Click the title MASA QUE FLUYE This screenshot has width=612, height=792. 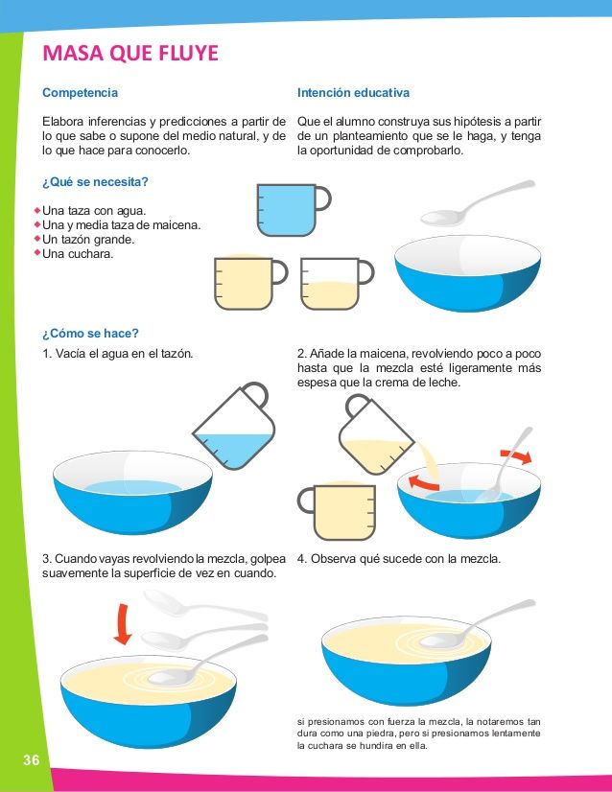[x=130, y=53]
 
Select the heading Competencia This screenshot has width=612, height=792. [x=80, y=93]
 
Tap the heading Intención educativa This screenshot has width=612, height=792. [x=353, y=93]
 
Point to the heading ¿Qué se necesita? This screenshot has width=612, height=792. [x=95, y=182]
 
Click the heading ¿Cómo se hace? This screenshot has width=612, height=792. [x=90, y=334]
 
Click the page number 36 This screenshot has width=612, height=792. [x=31, y=759]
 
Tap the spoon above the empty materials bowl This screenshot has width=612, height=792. [x=477, y=203]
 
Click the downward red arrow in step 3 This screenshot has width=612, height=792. [x=123, y=624]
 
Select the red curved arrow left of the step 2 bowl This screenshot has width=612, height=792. [x=423, y=483]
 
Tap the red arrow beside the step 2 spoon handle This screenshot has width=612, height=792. [x=516, y=455]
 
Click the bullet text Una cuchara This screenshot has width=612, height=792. [x=78, y=253]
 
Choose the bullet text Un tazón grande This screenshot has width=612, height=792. [x=88, y=240]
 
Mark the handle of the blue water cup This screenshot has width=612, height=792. [x=323, y=198]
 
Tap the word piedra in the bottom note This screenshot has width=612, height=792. [x=381, y=734]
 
